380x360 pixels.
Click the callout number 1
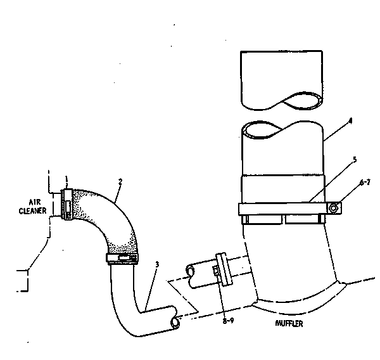[x=66, y=179]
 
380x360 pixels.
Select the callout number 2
[x=120, y=181]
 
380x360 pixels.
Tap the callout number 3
[x=157, y=264]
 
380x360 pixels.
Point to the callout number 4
[x=350, y=121]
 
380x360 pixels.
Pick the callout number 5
[x=355, y=160]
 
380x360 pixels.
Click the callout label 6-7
[x=365, y=182]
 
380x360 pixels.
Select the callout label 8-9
[x=228, y=321]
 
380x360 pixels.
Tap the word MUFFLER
[x=289, y=323]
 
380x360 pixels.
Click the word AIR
[x=35, y=202]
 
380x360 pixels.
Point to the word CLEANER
[x=33, y=210]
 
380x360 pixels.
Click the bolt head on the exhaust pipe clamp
[x=334, y=208]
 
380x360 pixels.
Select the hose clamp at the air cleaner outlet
[x=67, y=205]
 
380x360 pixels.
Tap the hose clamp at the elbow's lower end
[x=122, y=259]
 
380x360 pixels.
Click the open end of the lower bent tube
[x=175, y=323]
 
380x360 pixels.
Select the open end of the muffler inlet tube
[x=190, y=271]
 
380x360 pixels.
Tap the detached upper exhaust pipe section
[x=282, y=80]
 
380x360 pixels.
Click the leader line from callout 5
[x=331, y=182]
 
